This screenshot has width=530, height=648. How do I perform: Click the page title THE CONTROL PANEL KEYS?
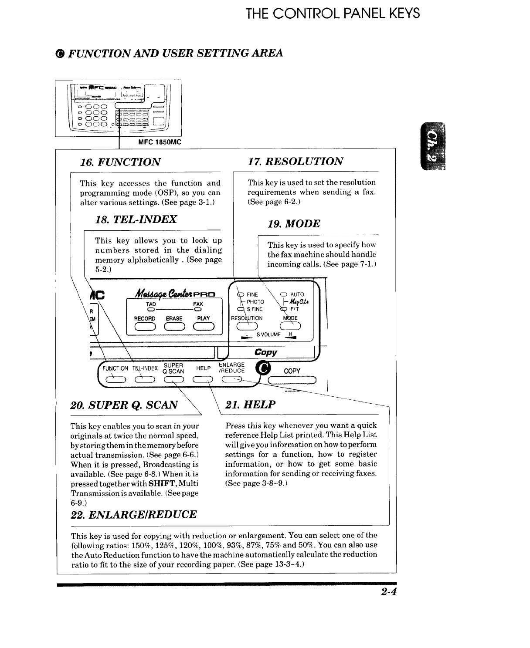coord(333,13)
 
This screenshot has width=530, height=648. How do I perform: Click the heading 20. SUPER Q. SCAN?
coord(124,405)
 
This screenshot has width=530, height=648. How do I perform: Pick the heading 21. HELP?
coord(250,405)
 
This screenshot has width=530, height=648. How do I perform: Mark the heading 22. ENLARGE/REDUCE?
coord(133,515)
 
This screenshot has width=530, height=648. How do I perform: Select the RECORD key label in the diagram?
coord(145,318)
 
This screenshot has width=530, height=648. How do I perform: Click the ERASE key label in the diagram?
coord(174,318)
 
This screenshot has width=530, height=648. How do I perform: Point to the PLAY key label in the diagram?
coord(203,318)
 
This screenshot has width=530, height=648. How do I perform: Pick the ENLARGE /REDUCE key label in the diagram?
coord(231,368)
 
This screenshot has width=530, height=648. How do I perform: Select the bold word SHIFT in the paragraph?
coord(162,483)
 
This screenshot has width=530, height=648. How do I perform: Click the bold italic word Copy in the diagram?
coord(266,352)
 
